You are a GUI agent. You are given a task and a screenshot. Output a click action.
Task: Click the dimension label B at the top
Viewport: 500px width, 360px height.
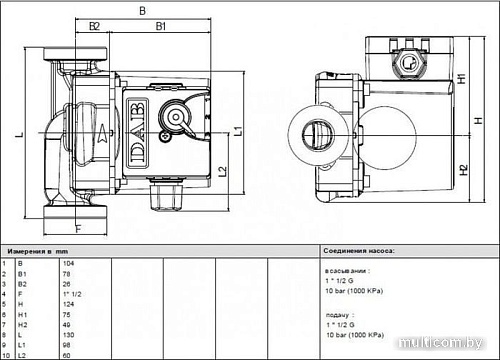[142, 11]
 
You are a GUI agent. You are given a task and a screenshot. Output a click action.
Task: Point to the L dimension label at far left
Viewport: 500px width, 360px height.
[20, 132]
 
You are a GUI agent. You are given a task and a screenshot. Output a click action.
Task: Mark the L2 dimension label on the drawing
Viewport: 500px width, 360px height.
[221, 171]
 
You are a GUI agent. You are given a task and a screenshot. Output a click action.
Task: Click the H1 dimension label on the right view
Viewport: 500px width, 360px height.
[461, 77]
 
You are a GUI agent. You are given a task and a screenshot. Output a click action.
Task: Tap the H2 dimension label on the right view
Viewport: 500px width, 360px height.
[461, 171]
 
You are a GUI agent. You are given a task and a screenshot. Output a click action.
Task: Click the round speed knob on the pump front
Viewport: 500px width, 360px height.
[176, 117]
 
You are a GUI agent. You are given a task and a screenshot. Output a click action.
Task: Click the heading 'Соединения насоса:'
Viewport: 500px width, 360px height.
[359, 251]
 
